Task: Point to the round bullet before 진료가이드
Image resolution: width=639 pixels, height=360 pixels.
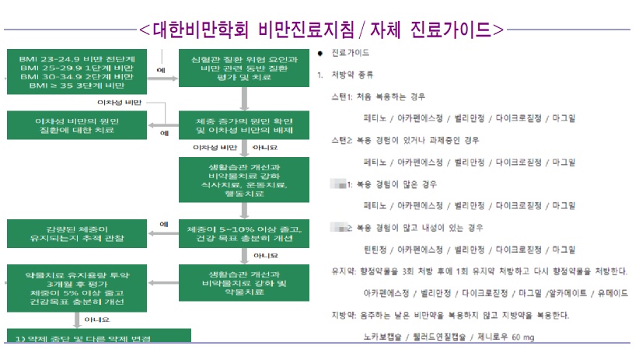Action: click(319, 54)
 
